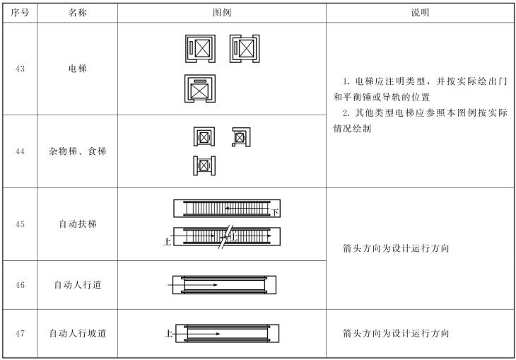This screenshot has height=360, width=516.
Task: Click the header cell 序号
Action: [x=20, y=13]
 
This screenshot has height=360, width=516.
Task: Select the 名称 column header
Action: [x=78, y=13]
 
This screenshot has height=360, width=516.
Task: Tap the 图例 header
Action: [x=222, y=13]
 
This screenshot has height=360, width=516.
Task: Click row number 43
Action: [x=20, y=69]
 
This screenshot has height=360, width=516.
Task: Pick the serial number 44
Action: [x=20, y=151]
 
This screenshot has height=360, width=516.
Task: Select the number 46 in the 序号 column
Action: [x=20, y=285]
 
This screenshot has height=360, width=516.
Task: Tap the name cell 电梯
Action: [x=78, y=69]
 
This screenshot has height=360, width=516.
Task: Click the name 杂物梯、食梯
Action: [x=78, y=151]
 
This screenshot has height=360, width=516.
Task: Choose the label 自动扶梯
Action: [x=78, y=224]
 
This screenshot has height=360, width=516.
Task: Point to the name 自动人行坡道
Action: [x=78, y=333]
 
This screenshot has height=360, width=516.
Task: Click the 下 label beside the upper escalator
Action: [x=275, y=212]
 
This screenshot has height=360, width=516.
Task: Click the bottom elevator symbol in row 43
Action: [x=200, y=90]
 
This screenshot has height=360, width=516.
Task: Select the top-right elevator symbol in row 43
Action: [x=245, y=49]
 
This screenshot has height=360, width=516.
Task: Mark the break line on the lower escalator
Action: [x=225, y=238]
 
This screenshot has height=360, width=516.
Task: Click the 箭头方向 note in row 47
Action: [x=396, y=333]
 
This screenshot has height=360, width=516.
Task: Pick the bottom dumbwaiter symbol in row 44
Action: [x=204, y=166]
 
